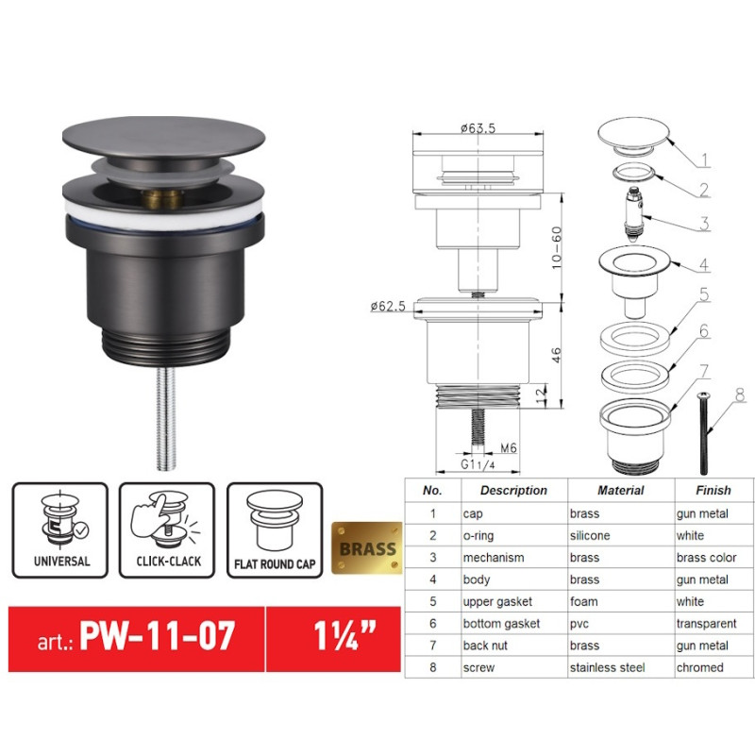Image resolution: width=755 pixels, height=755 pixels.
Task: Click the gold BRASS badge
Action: (367, 548)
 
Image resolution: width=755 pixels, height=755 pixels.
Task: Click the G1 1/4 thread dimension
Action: (478, 464)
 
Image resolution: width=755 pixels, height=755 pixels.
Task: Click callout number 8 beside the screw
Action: (739, 396)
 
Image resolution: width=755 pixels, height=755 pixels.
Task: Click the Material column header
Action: (620, 491)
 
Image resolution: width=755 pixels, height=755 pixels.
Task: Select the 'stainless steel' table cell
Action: (607, 667)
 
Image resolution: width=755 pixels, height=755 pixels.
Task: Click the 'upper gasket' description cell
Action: (497, 601)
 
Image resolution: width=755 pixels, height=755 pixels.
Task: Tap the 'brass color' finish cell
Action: (706, 558)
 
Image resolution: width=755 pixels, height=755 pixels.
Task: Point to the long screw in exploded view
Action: (701, 433)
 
